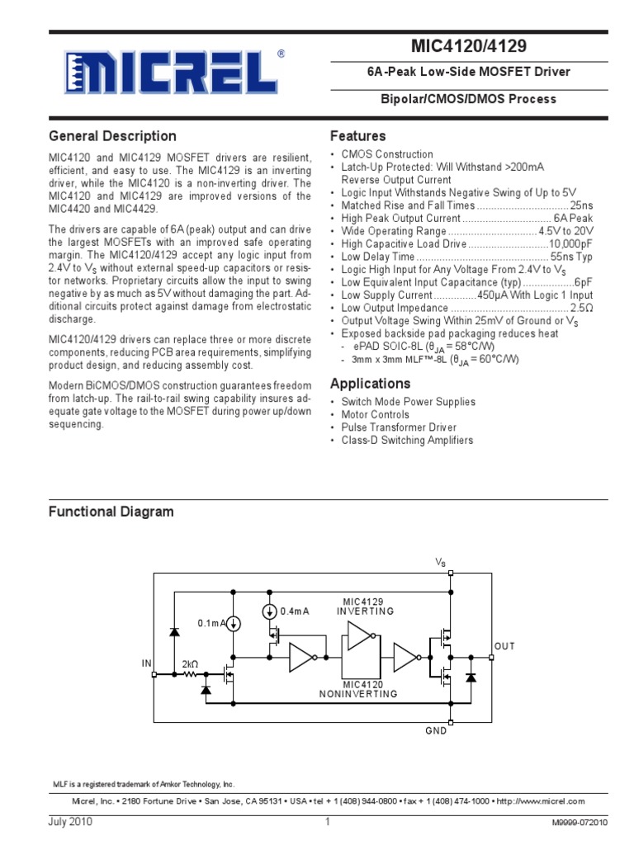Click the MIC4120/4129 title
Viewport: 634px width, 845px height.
[468, 45]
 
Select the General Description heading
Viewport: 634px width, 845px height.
[112, 136]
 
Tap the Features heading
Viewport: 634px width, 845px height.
[357, 136]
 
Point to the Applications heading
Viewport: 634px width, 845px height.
[370, 384]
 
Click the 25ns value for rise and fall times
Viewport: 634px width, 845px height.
[581, 205]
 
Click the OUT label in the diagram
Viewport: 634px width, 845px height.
[504, 646]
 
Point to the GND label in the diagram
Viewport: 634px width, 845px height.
[436, 731]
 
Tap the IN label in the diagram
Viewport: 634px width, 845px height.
[147, 663]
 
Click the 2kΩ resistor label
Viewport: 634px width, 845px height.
[191, 663]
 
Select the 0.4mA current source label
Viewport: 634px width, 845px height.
[295, 611]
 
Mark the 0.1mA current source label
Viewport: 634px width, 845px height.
[212, 624]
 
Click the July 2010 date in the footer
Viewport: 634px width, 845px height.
[70, 823]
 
